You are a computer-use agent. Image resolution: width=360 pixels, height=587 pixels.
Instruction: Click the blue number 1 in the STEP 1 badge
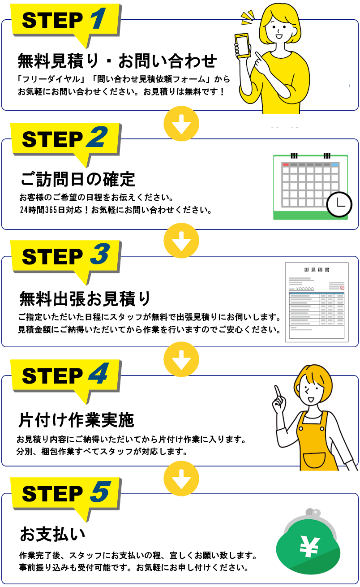click(99, 18)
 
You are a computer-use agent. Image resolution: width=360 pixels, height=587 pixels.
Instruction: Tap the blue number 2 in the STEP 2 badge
click(97, 137)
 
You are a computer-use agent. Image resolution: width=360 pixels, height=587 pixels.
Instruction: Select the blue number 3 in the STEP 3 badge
click(100, 254)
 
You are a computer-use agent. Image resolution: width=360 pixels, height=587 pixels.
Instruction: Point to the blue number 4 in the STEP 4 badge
click(99, 373)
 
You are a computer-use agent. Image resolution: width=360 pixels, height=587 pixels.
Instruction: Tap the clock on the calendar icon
click(339, 205)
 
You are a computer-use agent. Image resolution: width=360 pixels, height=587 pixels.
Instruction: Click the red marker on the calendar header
click(286, 164)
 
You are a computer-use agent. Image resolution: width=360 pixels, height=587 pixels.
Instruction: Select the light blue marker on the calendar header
click(334, 164)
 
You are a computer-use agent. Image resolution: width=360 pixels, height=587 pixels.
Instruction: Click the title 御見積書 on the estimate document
click(317, 270)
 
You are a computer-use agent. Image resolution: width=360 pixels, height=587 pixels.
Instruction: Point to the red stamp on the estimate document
click(342, 288)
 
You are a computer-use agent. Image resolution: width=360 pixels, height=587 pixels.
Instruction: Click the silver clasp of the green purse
click(313, 512)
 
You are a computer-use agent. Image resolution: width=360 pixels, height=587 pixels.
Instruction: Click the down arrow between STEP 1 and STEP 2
click(181, 124)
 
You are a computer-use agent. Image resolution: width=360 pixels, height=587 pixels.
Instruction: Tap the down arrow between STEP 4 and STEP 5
click(181, 479)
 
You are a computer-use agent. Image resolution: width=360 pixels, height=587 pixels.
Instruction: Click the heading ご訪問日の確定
click(78, 180)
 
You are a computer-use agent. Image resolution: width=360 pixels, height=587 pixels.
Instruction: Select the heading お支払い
click(53, 534)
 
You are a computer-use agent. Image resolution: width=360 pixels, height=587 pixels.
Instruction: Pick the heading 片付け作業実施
click(76, 420)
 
